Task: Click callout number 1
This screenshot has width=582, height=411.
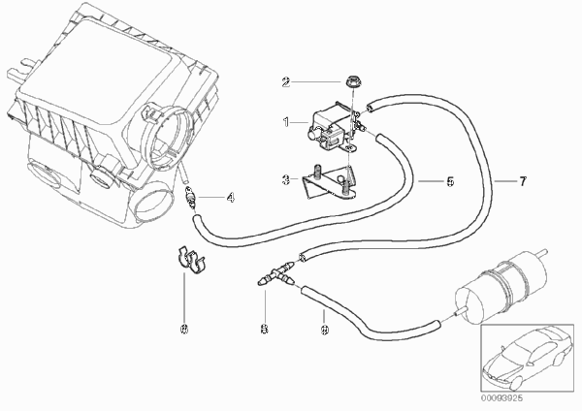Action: coord(286,122)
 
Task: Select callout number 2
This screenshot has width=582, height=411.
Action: coord(285,81)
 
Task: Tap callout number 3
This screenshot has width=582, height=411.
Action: coord(286,179)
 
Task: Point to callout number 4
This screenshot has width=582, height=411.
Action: coord(229,199)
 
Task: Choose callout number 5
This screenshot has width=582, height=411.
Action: coord(423,180)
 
